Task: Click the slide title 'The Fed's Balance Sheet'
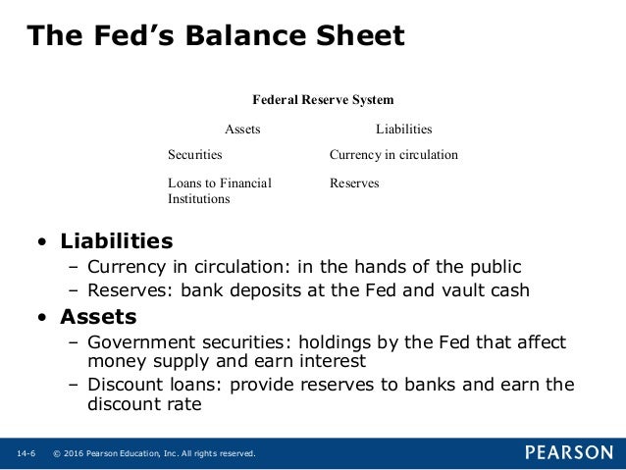coord(215,36)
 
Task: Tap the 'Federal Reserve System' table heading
coord(323,100)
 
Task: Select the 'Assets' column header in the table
coord(243,130)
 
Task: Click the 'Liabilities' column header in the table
coord(403,130)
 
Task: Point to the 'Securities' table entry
coord(194,155)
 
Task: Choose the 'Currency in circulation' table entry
coord(393,155)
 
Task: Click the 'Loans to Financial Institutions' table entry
coord(220,190)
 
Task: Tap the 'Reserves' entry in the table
coord(354,183)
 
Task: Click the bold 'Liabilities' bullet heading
coord(117,241)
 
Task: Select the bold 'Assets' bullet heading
coord(98,317)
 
